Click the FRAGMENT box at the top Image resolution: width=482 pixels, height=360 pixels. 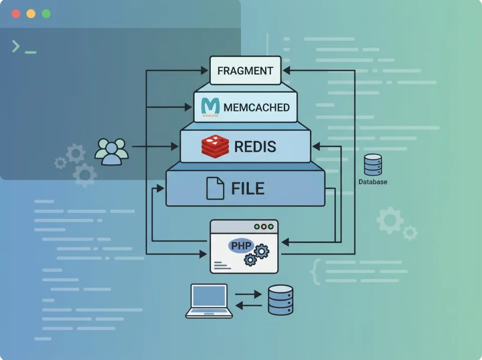[x=245, y=70]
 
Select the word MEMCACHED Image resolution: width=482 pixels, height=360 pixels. [x=257, y=107]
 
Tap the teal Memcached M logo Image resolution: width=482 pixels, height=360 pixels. [x=210, y=106]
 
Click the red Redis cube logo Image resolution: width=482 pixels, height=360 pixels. [x=215, y=146]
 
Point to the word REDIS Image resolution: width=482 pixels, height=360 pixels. [x=255, y=147]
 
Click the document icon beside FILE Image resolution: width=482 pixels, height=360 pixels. [x=215, y=188]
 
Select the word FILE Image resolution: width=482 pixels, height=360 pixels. [x=248, y=188]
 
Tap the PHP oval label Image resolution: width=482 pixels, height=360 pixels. [x=240, y=246]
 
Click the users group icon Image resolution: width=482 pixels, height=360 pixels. [x=111, y=151]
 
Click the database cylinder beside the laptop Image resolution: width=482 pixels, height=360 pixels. [x=280, y=300]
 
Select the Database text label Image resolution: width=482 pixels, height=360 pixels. [x=373, y=182]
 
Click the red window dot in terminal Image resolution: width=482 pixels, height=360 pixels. [x=16, y=14]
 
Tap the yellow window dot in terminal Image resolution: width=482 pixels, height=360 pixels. [x=31, y=14]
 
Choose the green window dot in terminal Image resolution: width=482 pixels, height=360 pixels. [x=46, y=14]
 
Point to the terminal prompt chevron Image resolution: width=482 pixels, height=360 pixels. [x=16, y=47]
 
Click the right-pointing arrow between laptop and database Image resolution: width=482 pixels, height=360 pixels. [x=248, y=294]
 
